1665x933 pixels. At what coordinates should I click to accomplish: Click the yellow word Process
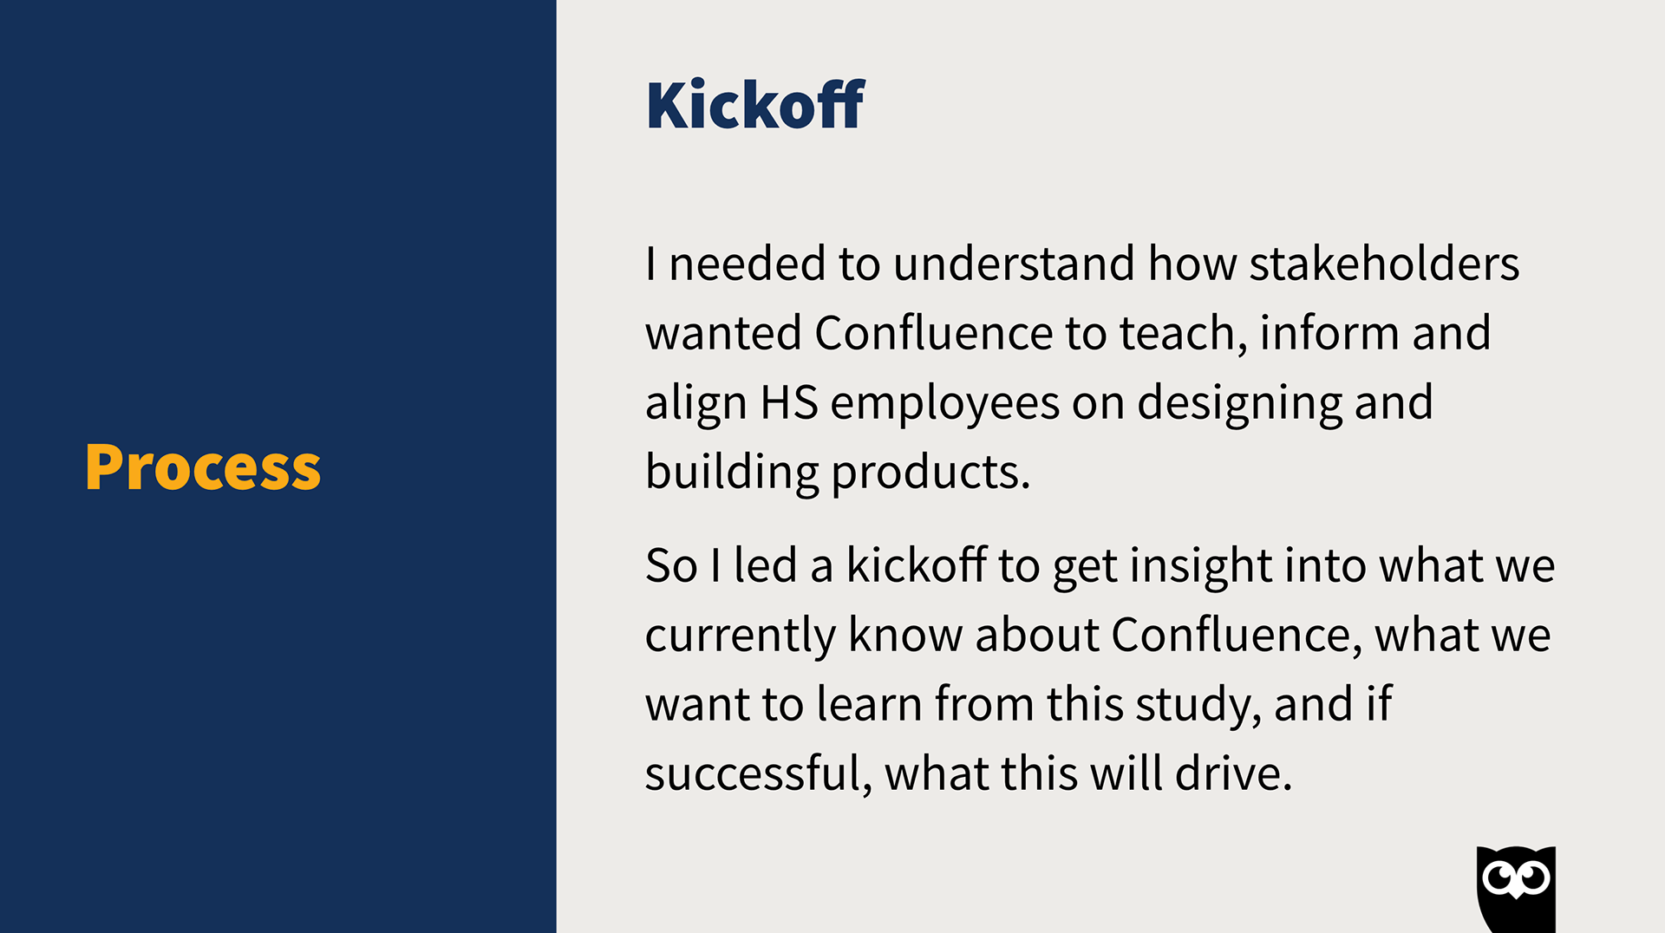pyautogui.click(x=203, y=467)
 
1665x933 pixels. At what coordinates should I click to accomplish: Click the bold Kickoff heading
pyautogui.click(x=755, y=105)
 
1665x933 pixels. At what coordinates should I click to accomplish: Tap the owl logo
pyautogui.click(x=1516, y=889)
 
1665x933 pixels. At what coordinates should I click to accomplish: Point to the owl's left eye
pyautogui.click(x=1498, y=878)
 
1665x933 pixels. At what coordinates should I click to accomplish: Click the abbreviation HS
pyautogui.click(x=789, y=402)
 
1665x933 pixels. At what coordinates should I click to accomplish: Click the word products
pyautogui.click(x=931, y=473)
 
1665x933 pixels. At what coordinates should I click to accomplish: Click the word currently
pyautogui.click(x=740, y=636)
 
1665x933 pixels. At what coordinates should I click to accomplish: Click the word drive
pyautogui.click(x=1233, y=773)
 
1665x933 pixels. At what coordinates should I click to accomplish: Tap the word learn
pyautogui.click(x=869, y=703)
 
